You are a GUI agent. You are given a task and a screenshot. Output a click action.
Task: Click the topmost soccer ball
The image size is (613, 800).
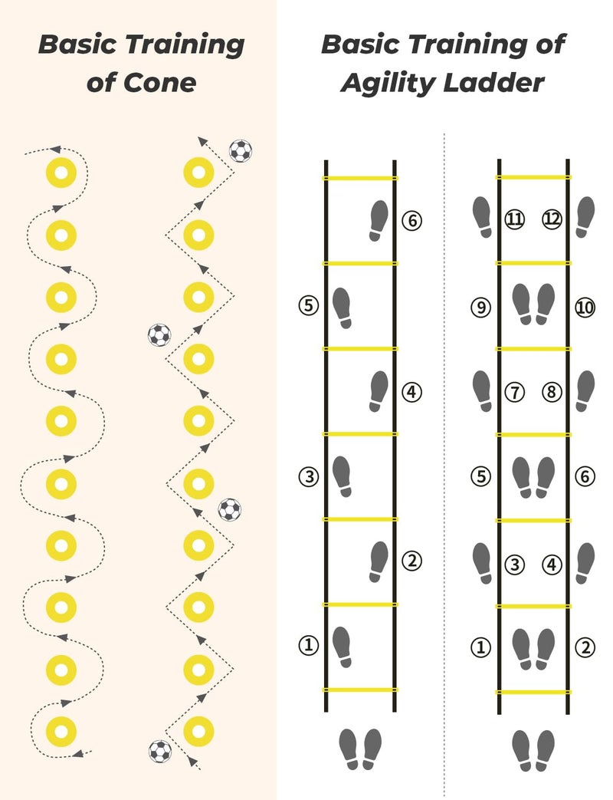tap(241, 151)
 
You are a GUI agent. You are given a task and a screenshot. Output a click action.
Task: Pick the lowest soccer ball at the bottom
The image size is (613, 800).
tap(160, 752)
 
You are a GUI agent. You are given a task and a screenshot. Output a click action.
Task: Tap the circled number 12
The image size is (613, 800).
tap(552, 219)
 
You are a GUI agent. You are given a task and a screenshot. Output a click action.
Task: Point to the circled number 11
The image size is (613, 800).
tap(515, 219)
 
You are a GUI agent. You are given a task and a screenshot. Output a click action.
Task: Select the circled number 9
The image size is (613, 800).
tap(480, 307)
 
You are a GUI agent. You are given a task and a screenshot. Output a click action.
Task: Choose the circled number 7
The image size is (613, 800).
tap(515, 392)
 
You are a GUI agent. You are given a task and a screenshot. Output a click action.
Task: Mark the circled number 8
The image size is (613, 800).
tap(552, 392)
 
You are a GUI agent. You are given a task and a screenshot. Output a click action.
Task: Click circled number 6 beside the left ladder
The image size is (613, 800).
tap(411, 220)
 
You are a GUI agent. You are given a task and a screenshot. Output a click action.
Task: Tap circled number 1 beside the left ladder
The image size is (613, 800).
tap(308, 645)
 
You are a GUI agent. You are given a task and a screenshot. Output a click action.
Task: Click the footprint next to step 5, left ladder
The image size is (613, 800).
tap(342, 308)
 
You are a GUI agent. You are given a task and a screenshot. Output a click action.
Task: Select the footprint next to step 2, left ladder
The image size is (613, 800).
tap(379, 561)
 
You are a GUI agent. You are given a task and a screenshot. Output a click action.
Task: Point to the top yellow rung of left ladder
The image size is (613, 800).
tap(359, 178)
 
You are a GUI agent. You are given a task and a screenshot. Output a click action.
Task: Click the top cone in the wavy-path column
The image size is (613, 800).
tap(61, 173)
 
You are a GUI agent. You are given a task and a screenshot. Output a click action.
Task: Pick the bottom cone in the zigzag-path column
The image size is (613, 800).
tap(198, 731)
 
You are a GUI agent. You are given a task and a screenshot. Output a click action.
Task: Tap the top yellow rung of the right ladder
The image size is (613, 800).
tap(533, 177)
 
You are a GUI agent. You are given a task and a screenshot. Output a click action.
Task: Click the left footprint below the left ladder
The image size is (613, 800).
tap(349, 749)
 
